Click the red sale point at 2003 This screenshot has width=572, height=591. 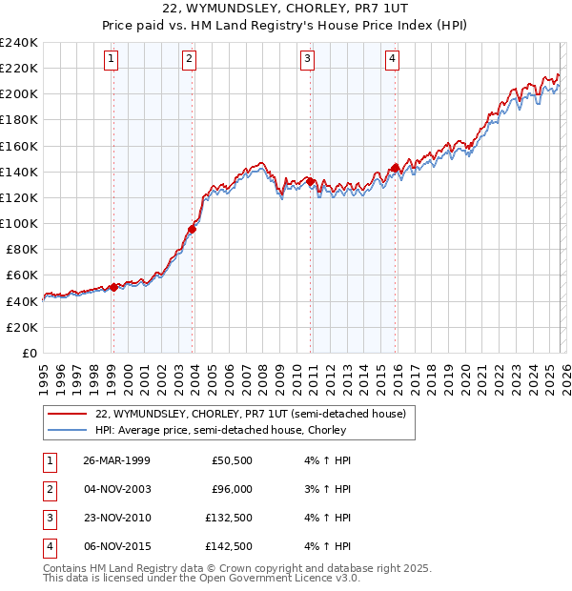tap(193, 229)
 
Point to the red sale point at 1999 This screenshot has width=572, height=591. tap(113, 287)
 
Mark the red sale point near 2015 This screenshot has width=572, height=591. tap(395, 168)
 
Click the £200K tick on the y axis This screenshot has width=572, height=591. tap(18, 94)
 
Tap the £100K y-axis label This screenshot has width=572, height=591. tap(18, 223)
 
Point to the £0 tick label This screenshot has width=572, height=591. tap(28, 353)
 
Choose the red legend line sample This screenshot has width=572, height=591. tap(67, 414)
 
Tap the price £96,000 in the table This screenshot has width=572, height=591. tap(232, 489)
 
